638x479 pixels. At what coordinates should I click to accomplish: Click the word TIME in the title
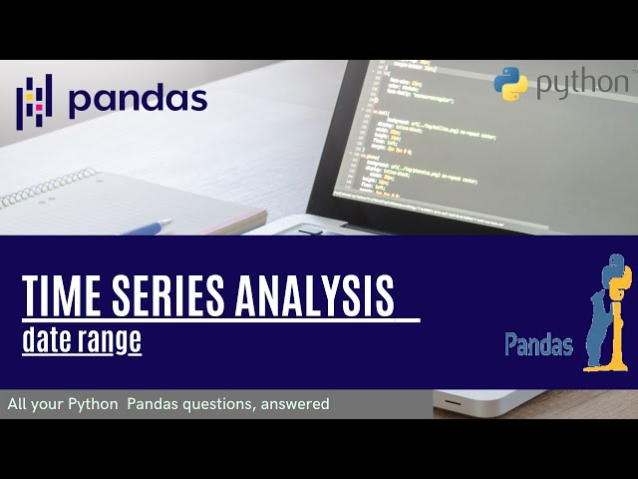(63, 296)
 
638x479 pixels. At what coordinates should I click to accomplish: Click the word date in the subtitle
(49, 340)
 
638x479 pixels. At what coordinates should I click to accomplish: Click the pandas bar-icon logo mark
(34, 100)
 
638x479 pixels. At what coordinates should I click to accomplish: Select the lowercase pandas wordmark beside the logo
(138, 99)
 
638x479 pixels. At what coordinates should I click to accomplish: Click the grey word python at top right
(583, 85)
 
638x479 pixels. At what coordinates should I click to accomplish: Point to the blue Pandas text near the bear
(538, 345)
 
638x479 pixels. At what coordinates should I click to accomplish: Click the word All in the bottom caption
(17, 404)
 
